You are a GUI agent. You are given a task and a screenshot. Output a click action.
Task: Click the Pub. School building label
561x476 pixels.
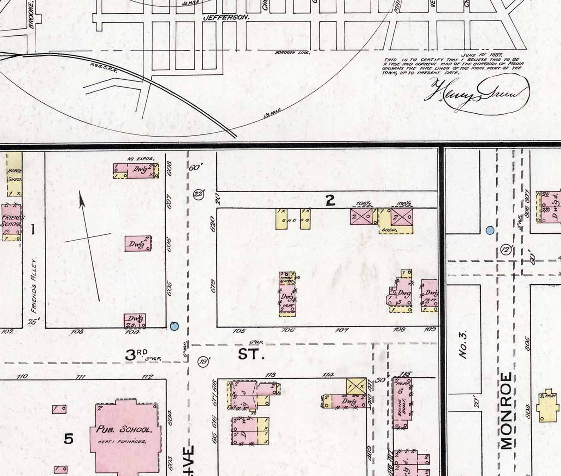tap(124, 429)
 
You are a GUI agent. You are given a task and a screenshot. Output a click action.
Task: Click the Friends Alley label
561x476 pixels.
tap(34, 286)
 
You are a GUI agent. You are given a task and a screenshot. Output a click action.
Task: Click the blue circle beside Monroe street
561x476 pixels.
tap(490, 230)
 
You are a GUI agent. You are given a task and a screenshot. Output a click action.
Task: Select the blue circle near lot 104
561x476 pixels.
tap(174, 326)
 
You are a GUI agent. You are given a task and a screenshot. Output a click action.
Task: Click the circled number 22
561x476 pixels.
tap(199, 194)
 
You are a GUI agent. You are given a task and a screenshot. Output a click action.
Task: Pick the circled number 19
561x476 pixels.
tap(203, 362)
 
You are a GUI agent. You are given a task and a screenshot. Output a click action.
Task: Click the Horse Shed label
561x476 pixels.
tap(14, 175)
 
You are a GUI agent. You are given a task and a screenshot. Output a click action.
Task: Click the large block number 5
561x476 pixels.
tap(69, 439)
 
